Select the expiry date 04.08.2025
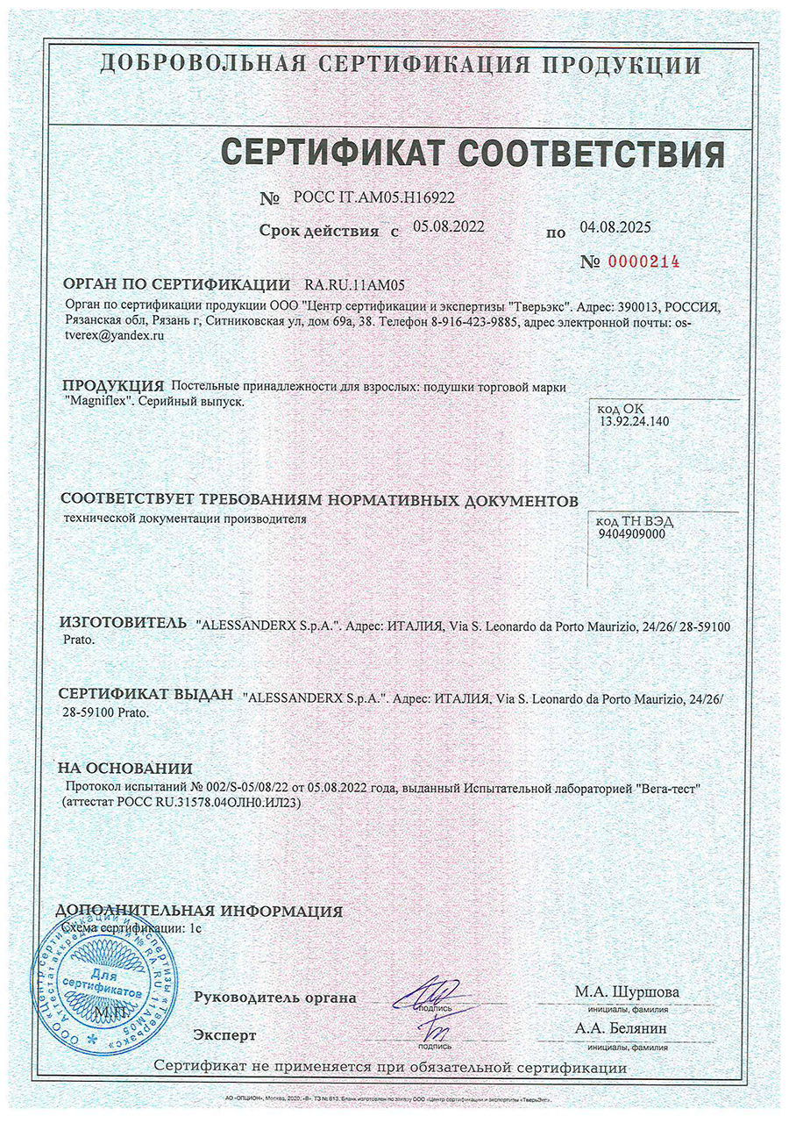[615, 227]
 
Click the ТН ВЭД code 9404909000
[631, 533]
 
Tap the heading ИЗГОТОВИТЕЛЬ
[123, 623]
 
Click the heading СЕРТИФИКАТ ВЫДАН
[146, 694]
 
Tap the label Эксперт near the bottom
[225, 1035]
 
